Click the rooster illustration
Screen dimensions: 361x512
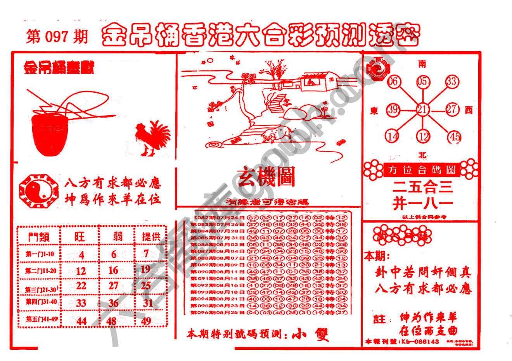152,138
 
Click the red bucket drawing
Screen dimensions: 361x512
48,134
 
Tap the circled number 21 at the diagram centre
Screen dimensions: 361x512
422,110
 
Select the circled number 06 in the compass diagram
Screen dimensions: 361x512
393,81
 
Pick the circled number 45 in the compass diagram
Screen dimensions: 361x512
454,137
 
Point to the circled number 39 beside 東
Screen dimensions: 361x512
393,110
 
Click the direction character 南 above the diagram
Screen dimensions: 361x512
422,64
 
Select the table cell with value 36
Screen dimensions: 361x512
113,302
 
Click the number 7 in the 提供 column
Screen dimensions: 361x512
146,254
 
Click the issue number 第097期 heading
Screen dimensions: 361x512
57,37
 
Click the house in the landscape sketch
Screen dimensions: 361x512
316,80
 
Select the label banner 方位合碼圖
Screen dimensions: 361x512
420,169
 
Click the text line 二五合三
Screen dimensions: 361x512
422,188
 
